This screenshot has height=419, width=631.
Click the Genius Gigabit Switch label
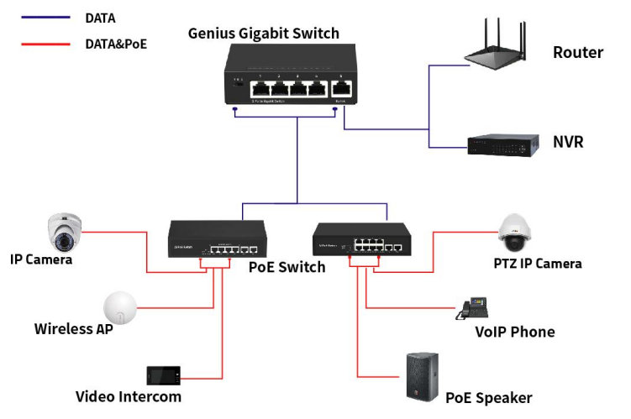point(263,34)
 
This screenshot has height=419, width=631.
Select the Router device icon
point(502,46)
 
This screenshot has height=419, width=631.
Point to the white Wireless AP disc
point(122,309)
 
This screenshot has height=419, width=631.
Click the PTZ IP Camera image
point(513,233)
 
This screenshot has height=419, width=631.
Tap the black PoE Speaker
point(423,376)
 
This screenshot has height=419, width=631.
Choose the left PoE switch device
point(218,240)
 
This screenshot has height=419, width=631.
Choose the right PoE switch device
point(360,239)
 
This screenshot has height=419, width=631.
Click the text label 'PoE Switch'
point(287,268)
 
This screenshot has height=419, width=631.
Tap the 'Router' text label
point(577,53)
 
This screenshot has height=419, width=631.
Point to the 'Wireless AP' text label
point(73,328)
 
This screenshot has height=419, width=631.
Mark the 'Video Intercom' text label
point(128,396)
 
